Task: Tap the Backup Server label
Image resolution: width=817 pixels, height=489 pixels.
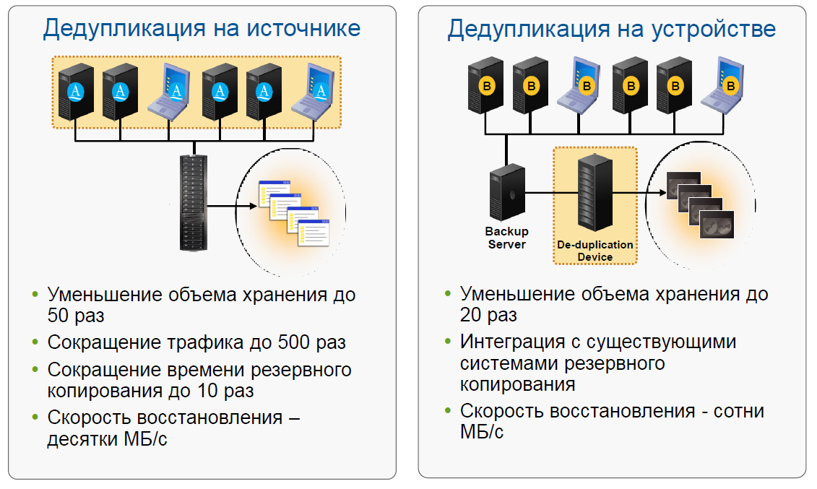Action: (506, 238)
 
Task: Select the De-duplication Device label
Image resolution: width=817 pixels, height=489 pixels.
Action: (595, 251)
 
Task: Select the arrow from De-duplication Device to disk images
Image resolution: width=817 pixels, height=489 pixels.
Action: (639, 193)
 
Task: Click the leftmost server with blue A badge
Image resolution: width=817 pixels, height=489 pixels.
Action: (76, 92)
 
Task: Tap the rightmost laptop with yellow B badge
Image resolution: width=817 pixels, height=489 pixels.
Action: (728, 85)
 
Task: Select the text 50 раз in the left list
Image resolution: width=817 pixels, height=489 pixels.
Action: (76, 316)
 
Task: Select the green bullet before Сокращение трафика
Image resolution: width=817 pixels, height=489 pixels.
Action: (35, 342)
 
